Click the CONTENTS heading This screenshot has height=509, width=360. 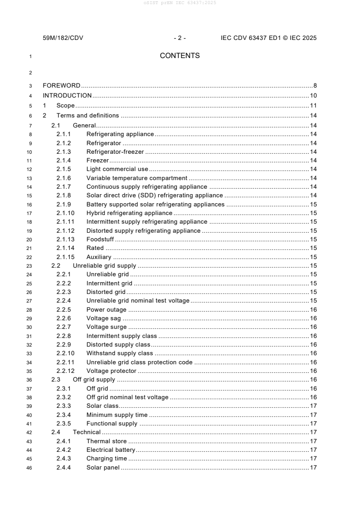point(180,56)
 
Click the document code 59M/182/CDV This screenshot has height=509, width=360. point(63,38)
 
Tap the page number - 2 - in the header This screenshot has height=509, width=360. point(180,38)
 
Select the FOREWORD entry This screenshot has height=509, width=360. point(61,85)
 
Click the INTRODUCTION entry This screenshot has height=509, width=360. point(67,95)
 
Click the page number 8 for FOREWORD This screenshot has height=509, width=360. point(315,85)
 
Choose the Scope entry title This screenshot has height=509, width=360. point(65,106)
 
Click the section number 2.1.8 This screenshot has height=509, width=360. point(64,196)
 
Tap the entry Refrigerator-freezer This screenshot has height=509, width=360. point(115,152)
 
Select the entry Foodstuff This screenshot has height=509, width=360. point(100,240)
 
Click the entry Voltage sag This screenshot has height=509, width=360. point(104,318)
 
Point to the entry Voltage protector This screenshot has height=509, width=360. point(111,371)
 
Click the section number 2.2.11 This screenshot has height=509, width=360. point(65,362)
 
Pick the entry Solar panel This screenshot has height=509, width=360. point(103,468)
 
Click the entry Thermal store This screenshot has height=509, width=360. point(107,441)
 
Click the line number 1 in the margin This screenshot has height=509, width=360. point(30,57)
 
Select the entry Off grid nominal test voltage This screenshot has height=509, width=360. point(127,397)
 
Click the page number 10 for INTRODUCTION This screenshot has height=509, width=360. point(313,95)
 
